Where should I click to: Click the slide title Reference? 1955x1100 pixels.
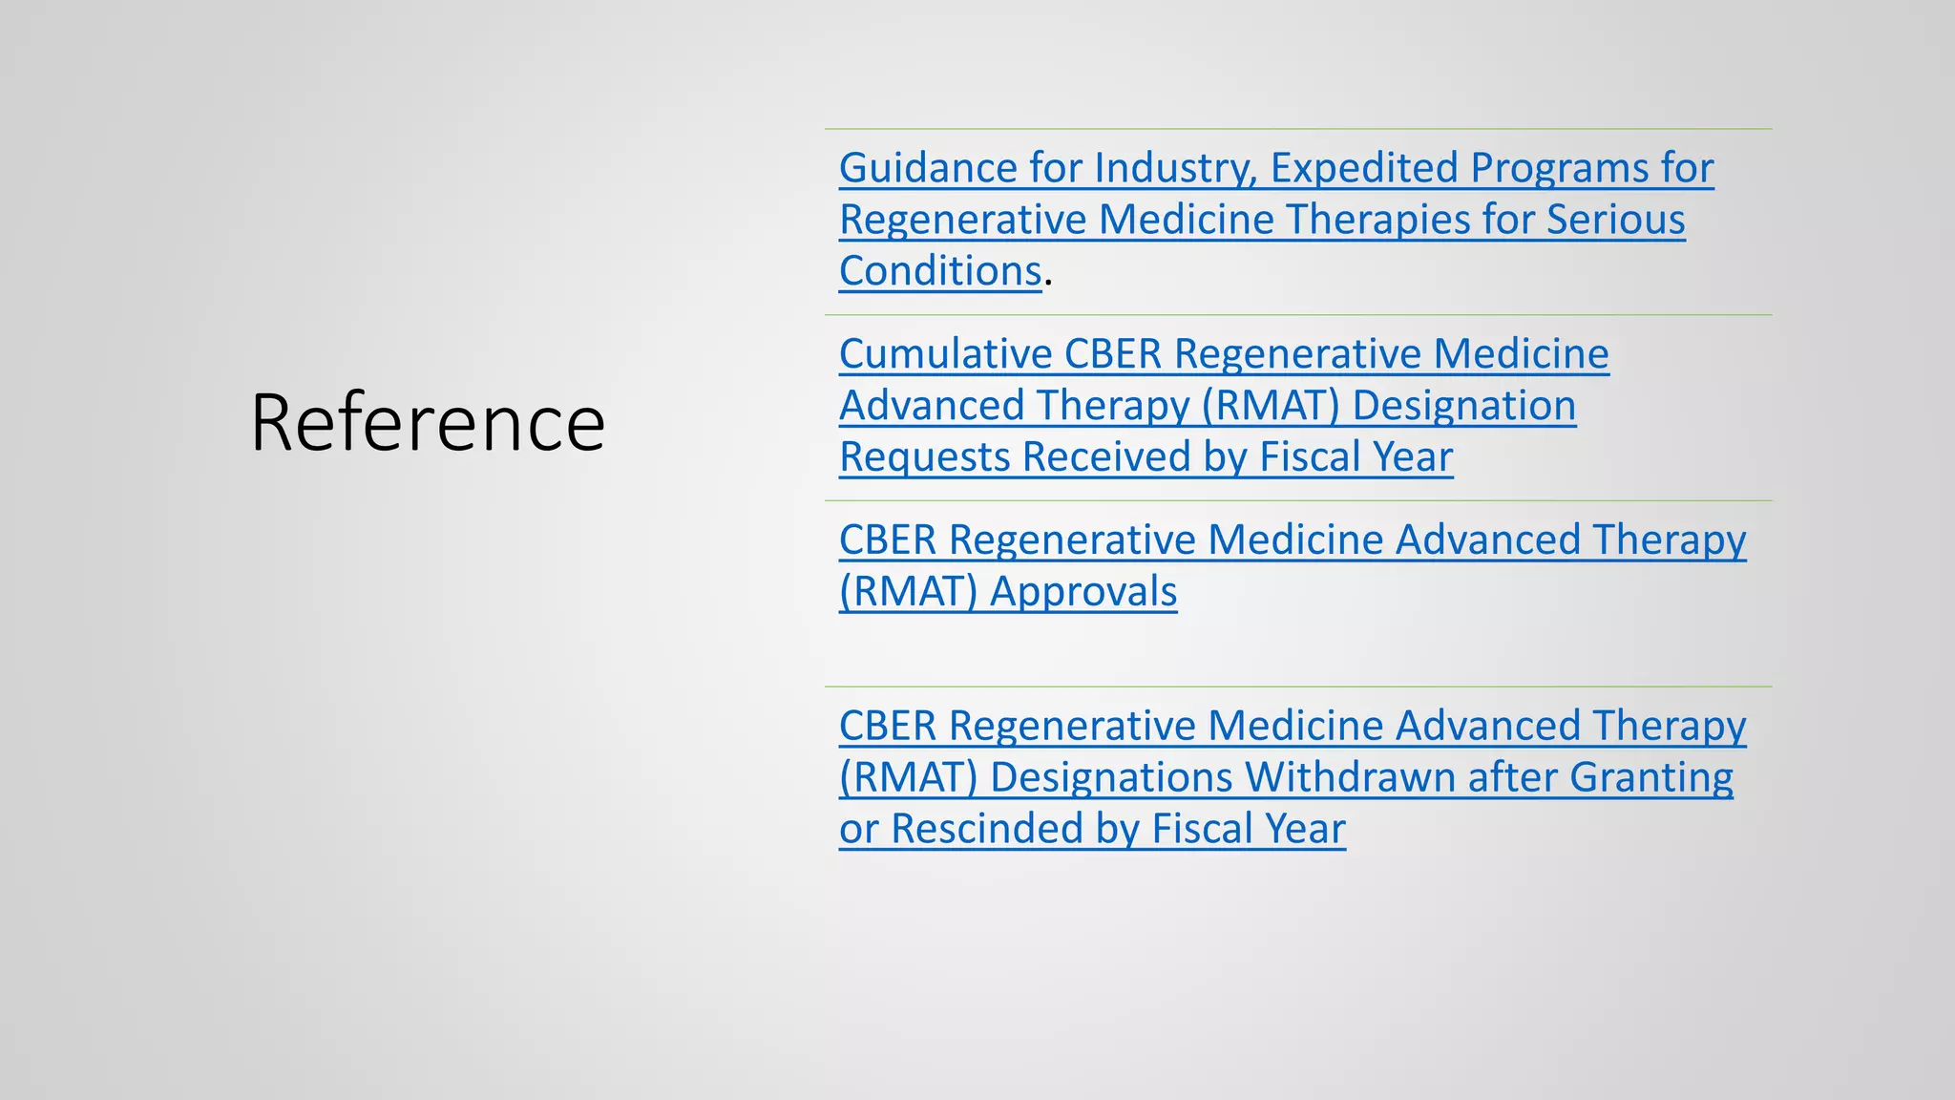428,423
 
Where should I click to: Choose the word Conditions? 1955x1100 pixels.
940,272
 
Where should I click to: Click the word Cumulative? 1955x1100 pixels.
946,355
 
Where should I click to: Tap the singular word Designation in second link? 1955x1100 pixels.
1463,407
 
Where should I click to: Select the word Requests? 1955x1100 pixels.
925,458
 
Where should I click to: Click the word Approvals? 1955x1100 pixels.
1083,593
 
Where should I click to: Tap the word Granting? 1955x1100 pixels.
1650,778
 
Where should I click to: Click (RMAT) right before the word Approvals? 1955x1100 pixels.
908,593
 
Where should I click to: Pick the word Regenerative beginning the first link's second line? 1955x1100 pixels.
963,221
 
